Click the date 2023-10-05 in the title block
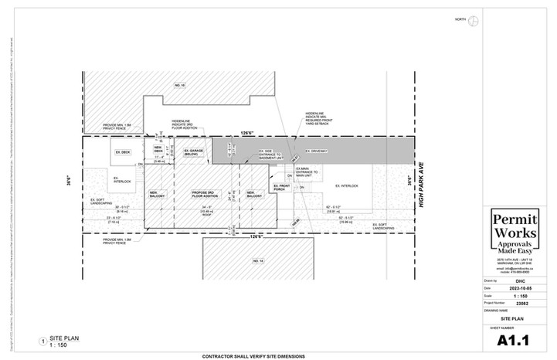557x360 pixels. pyautogui.click(x=515, y=288)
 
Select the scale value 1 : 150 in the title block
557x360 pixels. pyautogui.click(x=515, y=295)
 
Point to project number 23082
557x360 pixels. pyautogui.click(x=515, y=302)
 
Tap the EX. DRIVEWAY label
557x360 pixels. pyautogui.click(x=317, y=151)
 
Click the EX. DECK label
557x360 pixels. pyautogui.click(x=123, y=151)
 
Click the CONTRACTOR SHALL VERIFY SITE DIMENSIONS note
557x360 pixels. pyautogui.click(x=253, y=356)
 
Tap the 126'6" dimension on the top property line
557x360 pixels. pyautogui.click(x=247, y=131)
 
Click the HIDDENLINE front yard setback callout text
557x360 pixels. pyautogui.click(x=319, y=117)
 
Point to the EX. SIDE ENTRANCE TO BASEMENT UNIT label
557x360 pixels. pyautogui.click(x=271, y=155)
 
